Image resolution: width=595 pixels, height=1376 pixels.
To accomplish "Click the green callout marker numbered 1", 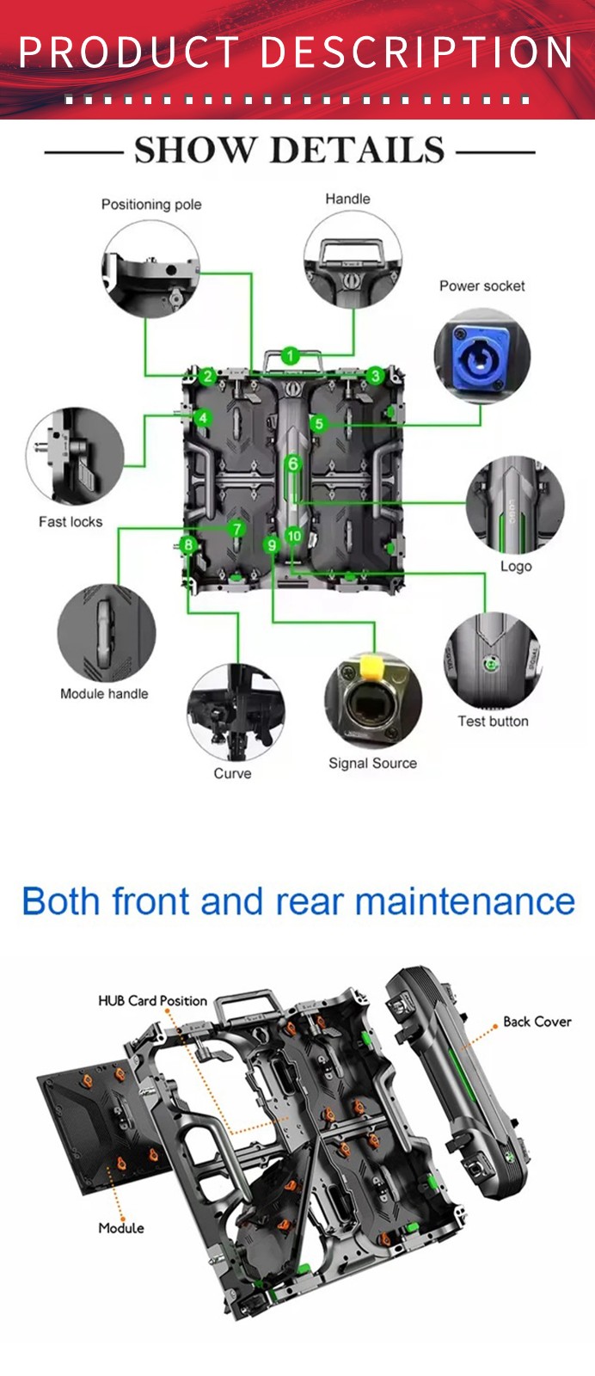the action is (291, 355).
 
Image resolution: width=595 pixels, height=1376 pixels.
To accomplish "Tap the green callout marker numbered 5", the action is (318, 423).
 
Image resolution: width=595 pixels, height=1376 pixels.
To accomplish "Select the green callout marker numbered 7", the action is (236, 529).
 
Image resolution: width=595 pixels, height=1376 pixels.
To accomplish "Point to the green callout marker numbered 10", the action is (294, 536).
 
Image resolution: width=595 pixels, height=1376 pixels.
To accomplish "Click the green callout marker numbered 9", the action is (272, 544).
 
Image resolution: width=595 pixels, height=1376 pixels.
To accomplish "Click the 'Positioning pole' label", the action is (151, 205).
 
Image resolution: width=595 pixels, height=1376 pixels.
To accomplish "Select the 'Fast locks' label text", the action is (71, 521).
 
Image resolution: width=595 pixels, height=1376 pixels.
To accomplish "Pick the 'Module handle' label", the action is (104, 693).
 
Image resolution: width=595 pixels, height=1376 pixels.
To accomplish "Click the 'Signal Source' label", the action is (372, 763).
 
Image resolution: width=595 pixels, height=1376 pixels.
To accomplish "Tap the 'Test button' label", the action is (493, 722).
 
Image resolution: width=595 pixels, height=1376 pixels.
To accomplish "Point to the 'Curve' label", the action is (232, 773).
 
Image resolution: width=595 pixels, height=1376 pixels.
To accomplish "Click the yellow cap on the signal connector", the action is (372, 666).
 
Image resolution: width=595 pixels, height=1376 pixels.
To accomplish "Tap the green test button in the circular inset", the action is (489, 663).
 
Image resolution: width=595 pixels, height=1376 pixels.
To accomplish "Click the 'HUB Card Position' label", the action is (152, 1001).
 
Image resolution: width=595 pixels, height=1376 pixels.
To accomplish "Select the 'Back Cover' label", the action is (537, 1022).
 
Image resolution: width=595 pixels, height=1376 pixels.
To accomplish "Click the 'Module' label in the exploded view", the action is (121, 1228).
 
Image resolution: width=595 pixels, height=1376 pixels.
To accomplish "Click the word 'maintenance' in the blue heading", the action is (465, 902).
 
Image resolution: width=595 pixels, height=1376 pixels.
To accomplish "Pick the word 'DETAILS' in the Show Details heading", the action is (358, 150).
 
